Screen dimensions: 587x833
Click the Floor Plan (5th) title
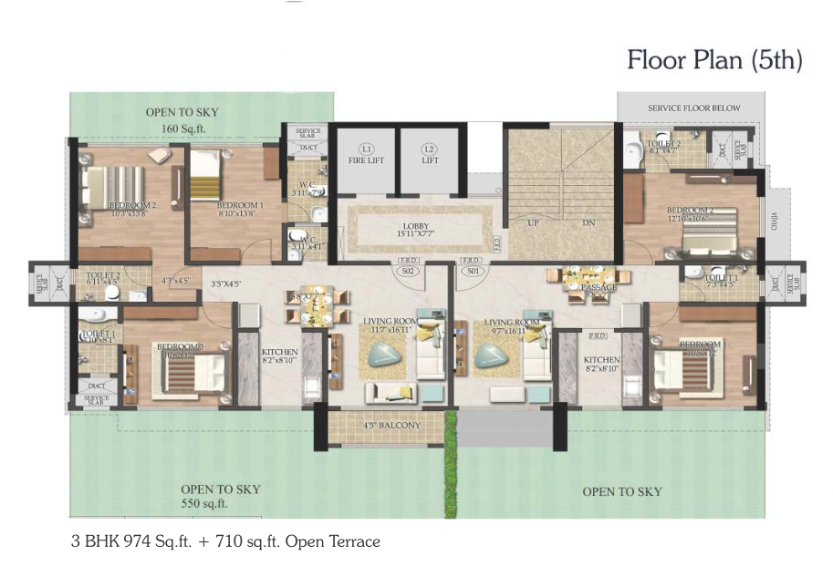(x=714, y=61)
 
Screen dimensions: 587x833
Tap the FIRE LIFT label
(x=366, y=161)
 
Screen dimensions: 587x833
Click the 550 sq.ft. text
(x=204, y=503)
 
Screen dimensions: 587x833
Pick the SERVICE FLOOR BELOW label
(x=693, y=108)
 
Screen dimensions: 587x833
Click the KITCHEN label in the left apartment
(x=279, y=352)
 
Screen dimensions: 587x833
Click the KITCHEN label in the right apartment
(x=602, y=361)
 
